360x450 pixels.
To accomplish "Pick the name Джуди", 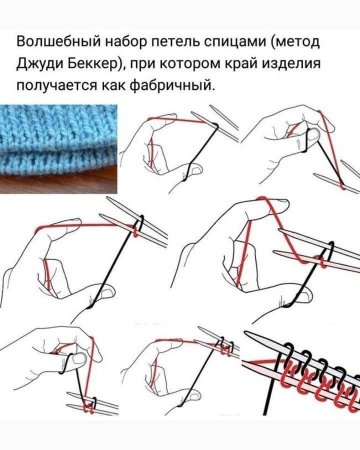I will [x=42, y=66].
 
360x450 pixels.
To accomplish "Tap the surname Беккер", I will [x=98, y=66].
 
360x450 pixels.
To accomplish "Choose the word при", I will [x=149, y=66].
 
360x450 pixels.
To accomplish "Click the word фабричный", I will [x=180, y=86].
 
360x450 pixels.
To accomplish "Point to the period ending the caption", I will [x=216, y=89].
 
